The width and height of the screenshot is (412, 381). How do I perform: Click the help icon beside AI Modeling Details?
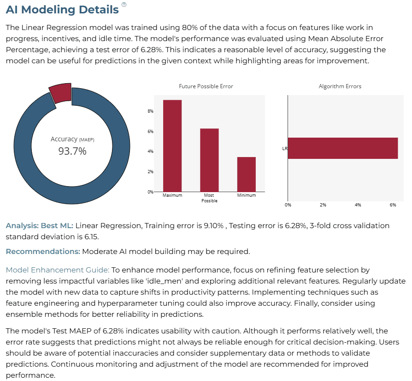click(x=124, y=5)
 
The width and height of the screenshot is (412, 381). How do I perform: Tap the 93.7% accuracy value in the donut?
click(x=72, y=151)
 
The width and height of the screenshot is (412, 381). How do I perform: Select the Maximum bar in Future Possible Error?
click(x=172, y=146)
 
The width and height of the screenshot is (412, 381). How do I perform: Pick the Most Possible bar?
click(x=209, y=160)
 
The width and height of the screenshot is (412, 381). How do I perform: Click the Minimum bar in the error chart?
click(x=247, y=174)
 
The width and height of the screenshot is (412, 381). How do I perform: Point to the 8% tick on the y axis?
click(x=150, y=111)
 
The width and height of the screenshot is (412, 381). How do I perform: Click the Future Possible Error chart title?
click(x=206, y=86)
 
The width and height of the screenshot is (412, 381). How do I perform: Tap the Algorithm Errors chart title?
click(x=340, y=86)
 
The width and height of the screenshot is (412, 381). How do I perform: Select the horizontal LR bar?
click(x=343, y=148)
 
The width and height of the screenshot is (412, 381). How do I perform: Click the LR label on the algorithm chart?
click(x=285, y=149)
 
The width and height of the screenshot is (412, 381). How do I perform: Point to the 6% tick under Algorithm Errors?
click(x=393, y=205)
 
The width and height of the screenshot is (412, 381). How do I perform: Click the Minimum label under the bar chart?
click(x=247, y=195)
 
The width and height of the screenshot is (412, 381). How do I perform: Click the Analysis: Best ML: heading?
click(x=40, y=226)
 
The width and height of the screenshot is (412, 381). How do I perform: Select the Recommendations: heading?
click(x=43, y=251)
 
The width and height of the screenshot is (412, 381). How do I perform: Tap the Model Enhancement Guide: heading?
click(x=58, y=270)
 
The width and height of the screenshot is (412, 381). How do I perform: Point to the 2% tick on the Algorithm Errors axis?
click(x=323, y=205)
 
